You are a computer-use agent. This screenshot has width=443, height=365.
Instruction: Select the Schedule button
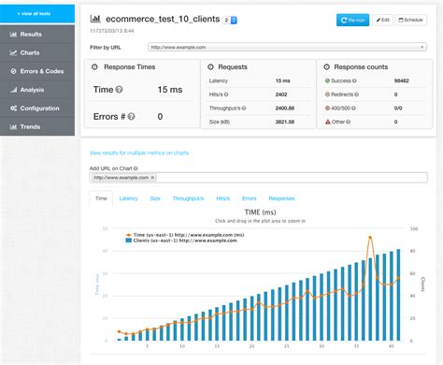411,19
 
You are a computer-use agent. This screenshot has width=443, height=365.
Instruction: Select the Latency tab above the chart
129,198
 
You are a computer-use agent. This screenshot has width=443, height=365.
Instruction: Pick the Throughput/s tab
188,198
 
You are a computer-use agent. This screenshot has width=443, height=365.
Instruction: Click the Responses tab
281,198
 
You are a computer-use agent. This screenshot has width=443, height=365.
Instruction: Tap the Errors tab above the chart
250,198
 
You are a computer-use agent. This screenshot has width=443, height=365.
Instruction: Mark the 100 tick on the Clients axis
414,227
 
